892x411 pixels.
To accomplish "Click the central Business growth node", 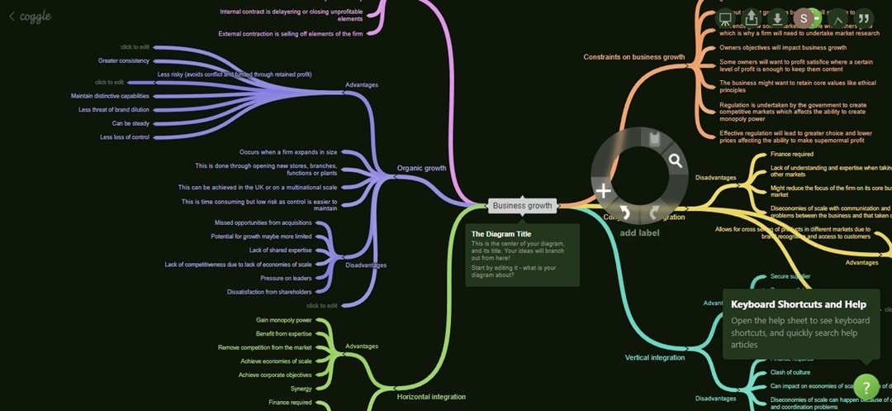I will pyautogui.click(x=522, y=206).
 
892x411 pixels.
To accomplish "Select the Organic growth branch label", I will pyautogui.click(x=421, y=168).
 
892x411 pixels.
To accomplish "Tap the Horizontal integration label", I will pyautogui.click(x=431, y=397).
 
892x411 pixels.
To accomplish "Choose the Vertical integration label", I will pyautogui.click(x=655, y=358).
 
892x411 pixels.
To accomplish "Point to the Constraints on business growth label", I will pyautogui.click(x=633, y=57).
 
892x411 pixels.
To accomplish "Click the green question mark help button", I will pyautogui.click(x=866, y=386).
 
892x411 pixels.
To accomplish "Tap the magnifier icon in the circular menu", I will pyautogui.click(x=676, y=161).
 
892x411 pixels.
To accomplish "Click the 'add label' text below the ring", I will pyautogui.click(x=639, y=233).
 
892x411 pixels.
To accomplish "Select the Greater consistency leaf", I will pyautogui.click(x=124, y=60).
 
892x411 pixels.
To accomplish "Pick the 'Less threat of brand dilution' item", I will pyautogui.click(x=114, y=110).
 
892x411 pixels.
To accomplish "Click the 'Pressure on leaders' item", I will pyautogui.click(x=286, y=279).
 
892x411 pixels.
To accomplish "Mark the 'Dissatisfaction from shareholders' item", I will pyautogui.click(x=269, y=292).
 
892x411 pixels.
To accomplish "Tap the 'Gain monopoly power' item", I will pyautogui.click(x=284, y=320).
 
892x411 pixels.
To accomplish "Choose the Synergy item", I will pyautogui.click(x=301, y=389).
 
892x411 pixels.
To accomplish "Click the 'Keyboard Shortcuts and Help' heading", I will pyautogui.click(x=798, y=304).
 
